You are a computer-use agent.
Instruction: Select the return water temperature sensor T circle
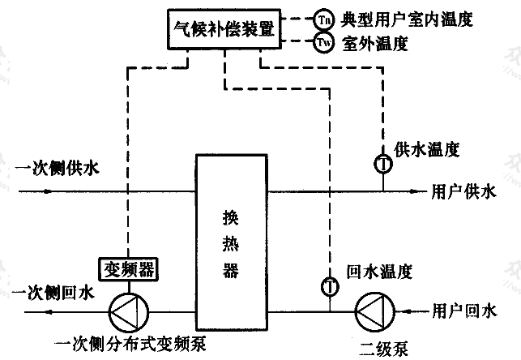tap(329, 285)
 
